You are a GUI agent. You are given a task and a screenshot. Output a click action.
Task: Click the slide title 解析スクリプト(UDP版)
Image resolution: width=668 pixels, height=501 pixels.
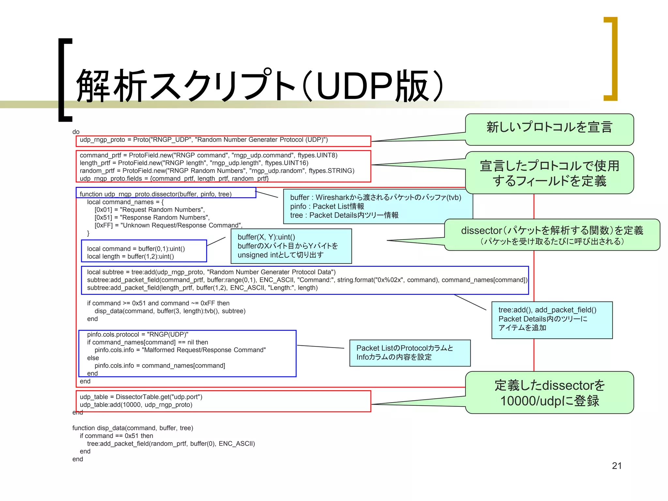(x=259, y=85)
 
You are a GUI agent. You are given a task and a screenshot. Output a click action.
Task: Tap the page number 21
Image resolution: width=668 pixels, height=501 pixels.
(x=616, y=465)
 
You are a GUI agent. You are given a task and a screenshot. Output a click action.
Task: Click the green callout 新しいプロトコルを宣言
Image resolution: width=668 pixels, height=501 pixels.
(x=549, y=127)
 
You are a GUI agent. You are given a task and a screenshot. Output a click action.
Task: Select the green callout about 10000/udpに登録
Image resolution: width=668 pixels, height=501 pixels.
(x=549, y=393)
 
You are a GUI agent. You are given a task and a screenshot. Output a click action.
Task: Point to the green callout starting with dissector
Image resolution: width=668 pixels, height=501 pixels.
(x=552, y=235)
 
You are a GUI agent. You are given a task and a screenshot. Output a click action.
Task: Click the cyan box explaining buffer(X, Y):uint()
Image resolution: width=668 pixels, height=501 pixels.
(x=291, y=246)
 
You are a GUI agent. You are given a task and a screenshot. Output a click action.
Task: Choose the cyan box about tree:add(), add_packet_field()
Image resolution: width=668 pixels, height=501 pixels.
(x=552, y=320)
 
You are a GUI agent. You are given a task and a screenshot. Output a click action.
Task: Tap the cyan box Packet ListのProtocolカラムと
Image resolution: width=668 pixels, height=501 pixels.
(x=410, y=353)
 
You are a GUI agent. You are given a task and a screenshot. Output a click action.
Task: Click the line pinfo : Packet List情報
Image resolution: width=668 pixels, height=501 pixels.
(x=327, y=206)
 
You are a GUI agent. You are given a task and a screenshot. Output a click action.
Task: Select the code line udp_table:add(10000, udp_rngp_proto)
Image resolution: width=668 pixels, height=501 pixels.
(x=136, y=405)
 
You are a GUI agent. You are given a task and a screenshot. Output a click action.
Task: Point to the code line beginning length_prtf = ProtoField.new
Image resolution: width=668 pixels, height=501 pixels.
(x=194, y=163)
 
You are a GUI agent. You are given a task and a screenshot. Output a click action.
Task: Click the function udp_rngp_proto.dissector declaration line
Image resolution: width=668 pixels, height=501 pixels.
(x=156, y=194)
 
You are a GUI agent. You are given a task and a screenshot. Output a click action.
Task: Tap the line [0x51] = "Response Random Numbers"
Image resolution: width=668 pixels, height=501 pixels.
(x=152, y=218)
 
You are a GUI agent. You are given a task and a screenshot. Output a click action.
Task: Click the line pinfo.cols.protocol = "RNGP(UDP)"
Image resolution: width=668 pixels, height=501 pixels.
(x=137, y=334)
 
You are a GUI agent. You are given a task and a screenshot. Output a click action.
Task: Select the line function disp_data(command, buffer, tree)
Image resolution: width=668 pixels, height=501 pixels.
(x=132, y=428)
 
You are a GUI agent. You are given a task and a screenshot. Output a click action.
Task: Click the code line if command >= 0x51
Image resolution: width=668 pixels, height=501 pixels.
(x=158, y=303)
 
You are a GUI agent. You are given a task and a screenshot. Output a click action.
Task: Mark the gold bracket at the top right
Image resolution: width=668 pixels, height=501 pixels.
(x=611, y=59)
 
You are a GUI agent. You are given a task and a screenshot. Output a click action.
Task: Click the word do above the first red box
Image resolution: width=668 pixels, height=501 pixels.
(x=76, y=132)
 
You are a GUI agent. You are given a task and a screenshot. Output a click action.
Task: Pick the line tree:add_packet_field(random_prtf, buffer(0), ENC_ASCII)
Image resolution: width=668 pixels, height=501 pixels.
(x=171, y=444)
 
